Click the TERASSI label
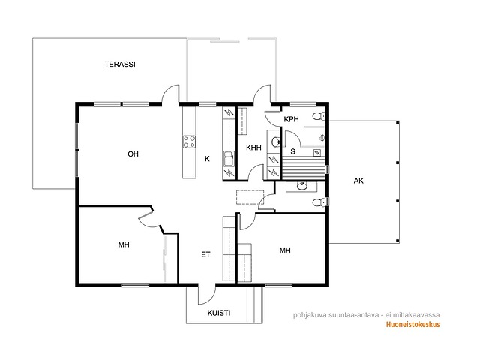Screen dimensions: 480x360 tap(120, 64)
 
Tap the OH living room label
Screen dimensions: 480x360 tap(133, 154)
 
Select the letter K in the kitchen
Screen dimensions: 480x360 tap(207, 159)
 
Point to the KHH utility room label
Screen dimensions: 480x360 tap(253, 148)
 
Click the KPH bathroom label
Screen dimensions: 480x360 tap(291, 119)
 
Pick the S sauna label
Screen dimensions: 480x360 tap(293, 151)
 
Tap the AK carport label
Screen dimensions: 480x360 tap(358, 181)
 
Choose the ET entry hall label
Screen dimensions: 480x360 tap(205, 255)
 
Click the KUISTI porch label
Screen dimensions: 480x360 tap(219, 313)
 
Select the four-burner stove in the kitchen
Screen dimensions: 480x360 tap(189, 142)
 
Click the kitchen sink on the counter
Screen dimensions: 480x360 tap(229, 159)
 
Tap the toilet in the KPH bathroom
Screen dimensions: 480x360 tap(319, 116)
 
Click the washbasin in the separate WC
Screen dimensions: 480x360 tap(302, 186)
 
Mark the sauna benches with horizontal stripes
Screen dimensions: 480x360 tap(303, 168)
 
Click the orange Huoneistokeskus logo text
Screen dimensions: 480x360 tap(412, 324)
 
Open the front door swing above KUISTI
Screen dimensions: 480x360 tap(207, 295)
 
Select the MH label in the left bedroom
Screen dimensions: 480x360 tap(124, 244)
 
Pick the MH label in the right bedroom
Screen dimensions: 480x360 tap(285, 250)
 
